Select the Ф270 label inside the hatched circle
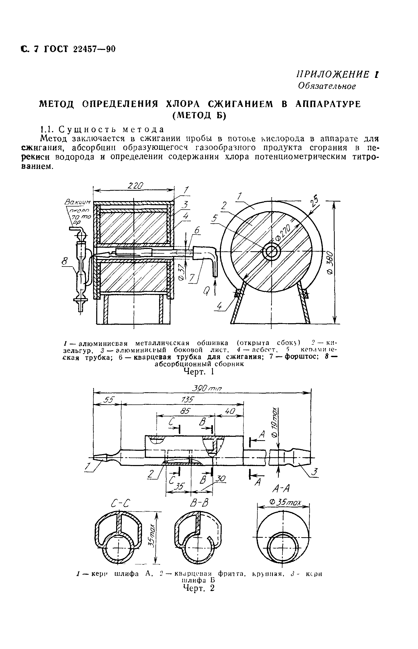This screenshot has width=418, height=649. (x=283, y=233)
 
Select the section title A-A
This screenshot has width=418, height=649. (x=281, y=489)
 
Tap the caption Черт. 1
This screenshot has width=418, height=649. (x=199, y=372)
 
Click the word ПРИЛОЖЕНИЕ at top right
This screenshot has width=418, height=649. (x=333, y=75)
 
